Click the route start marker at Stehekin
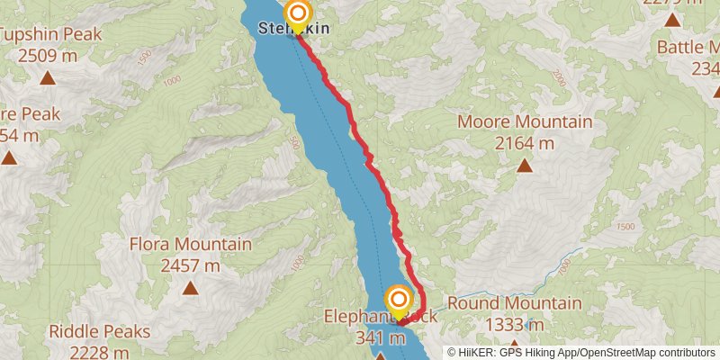pyautogui.click(x=297, y=13)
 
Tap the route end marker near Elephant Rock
pyautogui.click(x=398, y=298)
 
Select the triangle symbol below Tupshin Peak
pyautogui.click(x=47, y=77)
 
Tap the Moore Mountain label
pyautogui.click(x=525, y=122)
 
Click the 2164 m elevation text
pyautogui.click(x=525, y=142)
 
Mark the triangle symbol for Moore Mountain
pyautogui.click(x=525, y=165)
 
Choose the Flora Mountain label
pyautogui.click(x=190, y=245)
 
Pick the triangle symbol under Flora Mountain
pyautogui.click(x=190, y=288)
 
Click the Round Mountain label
pyautogui.click(x=514, y=304)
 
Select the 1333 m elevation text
pyautogui.click(x=514, y=324)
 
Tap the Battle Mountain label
pyautogui.click(x=688, y=47)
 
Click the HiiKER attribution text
pyautogui.click(x=586, y=353)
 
